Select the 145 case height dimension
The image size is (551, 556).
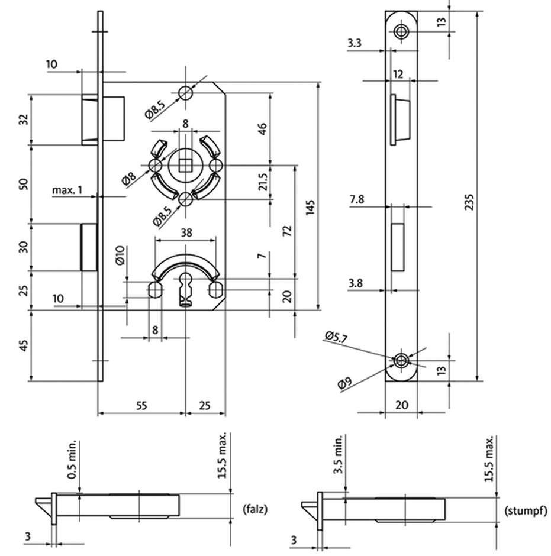coord(312,205)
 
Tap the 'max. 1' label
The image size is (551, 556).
coord(67,190)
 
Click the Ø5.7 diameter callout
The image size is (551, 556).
coord(334,337)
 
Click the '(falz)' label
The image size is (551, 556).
coord(256,508)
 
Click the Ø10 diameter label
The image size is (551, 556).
coord(119,254)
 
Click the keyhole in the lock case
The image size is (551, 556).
coord(186,289)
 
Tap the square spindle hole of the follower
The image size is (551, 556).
coord(185,164)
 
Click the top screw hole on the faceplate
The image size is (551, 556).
coord(402,32)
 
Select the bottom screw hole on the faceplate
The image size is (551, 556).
coord(402,359)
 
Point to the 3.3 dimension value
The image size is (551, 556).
coord(355,43)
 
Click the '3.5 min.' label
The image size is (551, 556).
coord(338,455)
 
